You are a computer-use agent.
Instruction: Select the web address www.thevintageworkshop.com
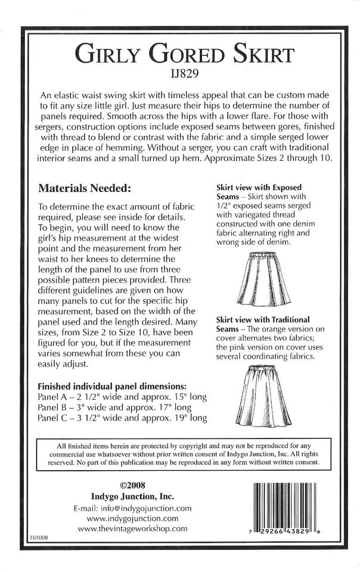tap(132, 529)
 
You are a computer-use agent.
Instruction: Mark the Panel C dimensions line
tap(122, 418)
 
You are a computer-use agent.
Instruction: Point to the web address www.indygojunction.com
tap(132, 518)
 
